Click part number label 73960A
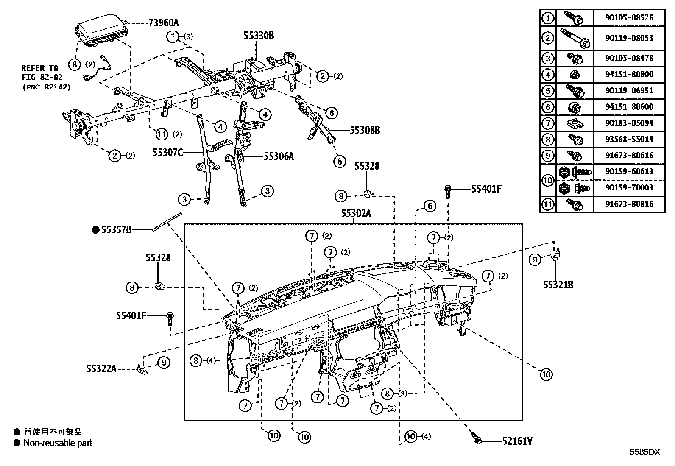click(164, 22)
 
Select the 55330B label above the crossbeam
click(259, 36)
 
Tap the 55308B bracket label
click(365, 130)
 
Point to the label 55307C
click(168, 152)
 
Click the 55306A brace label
click(279, 156)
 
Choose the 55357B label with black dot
click(116, 230)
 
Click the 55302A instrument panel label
click(356, 214)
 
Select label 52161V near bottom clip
click(517, 441)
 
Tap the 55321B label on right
click(558, 285)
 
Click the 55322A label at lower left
click(101, 369)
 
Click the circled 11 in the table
click(548, 204)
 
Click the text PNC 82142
click(47, 87)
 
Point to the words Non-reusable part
click(58, 443)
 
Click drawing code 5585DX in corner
click(644, 452)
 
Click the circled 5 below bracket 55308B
click(340, 161)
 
